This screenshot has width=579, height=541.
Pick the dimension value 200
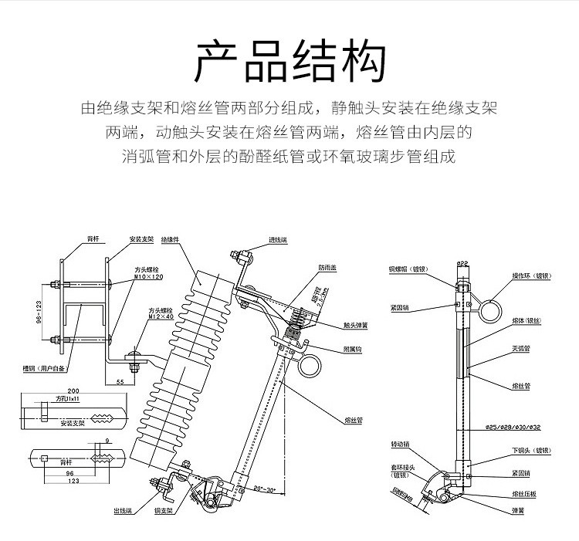74,391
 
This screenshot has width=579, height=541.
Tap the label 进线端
277,239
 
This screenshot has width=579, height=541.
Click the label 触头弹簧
356,326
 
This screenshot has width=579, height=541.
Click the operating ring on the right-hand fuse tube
488,311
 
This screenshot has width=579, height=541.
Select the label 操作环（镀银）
529,274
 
